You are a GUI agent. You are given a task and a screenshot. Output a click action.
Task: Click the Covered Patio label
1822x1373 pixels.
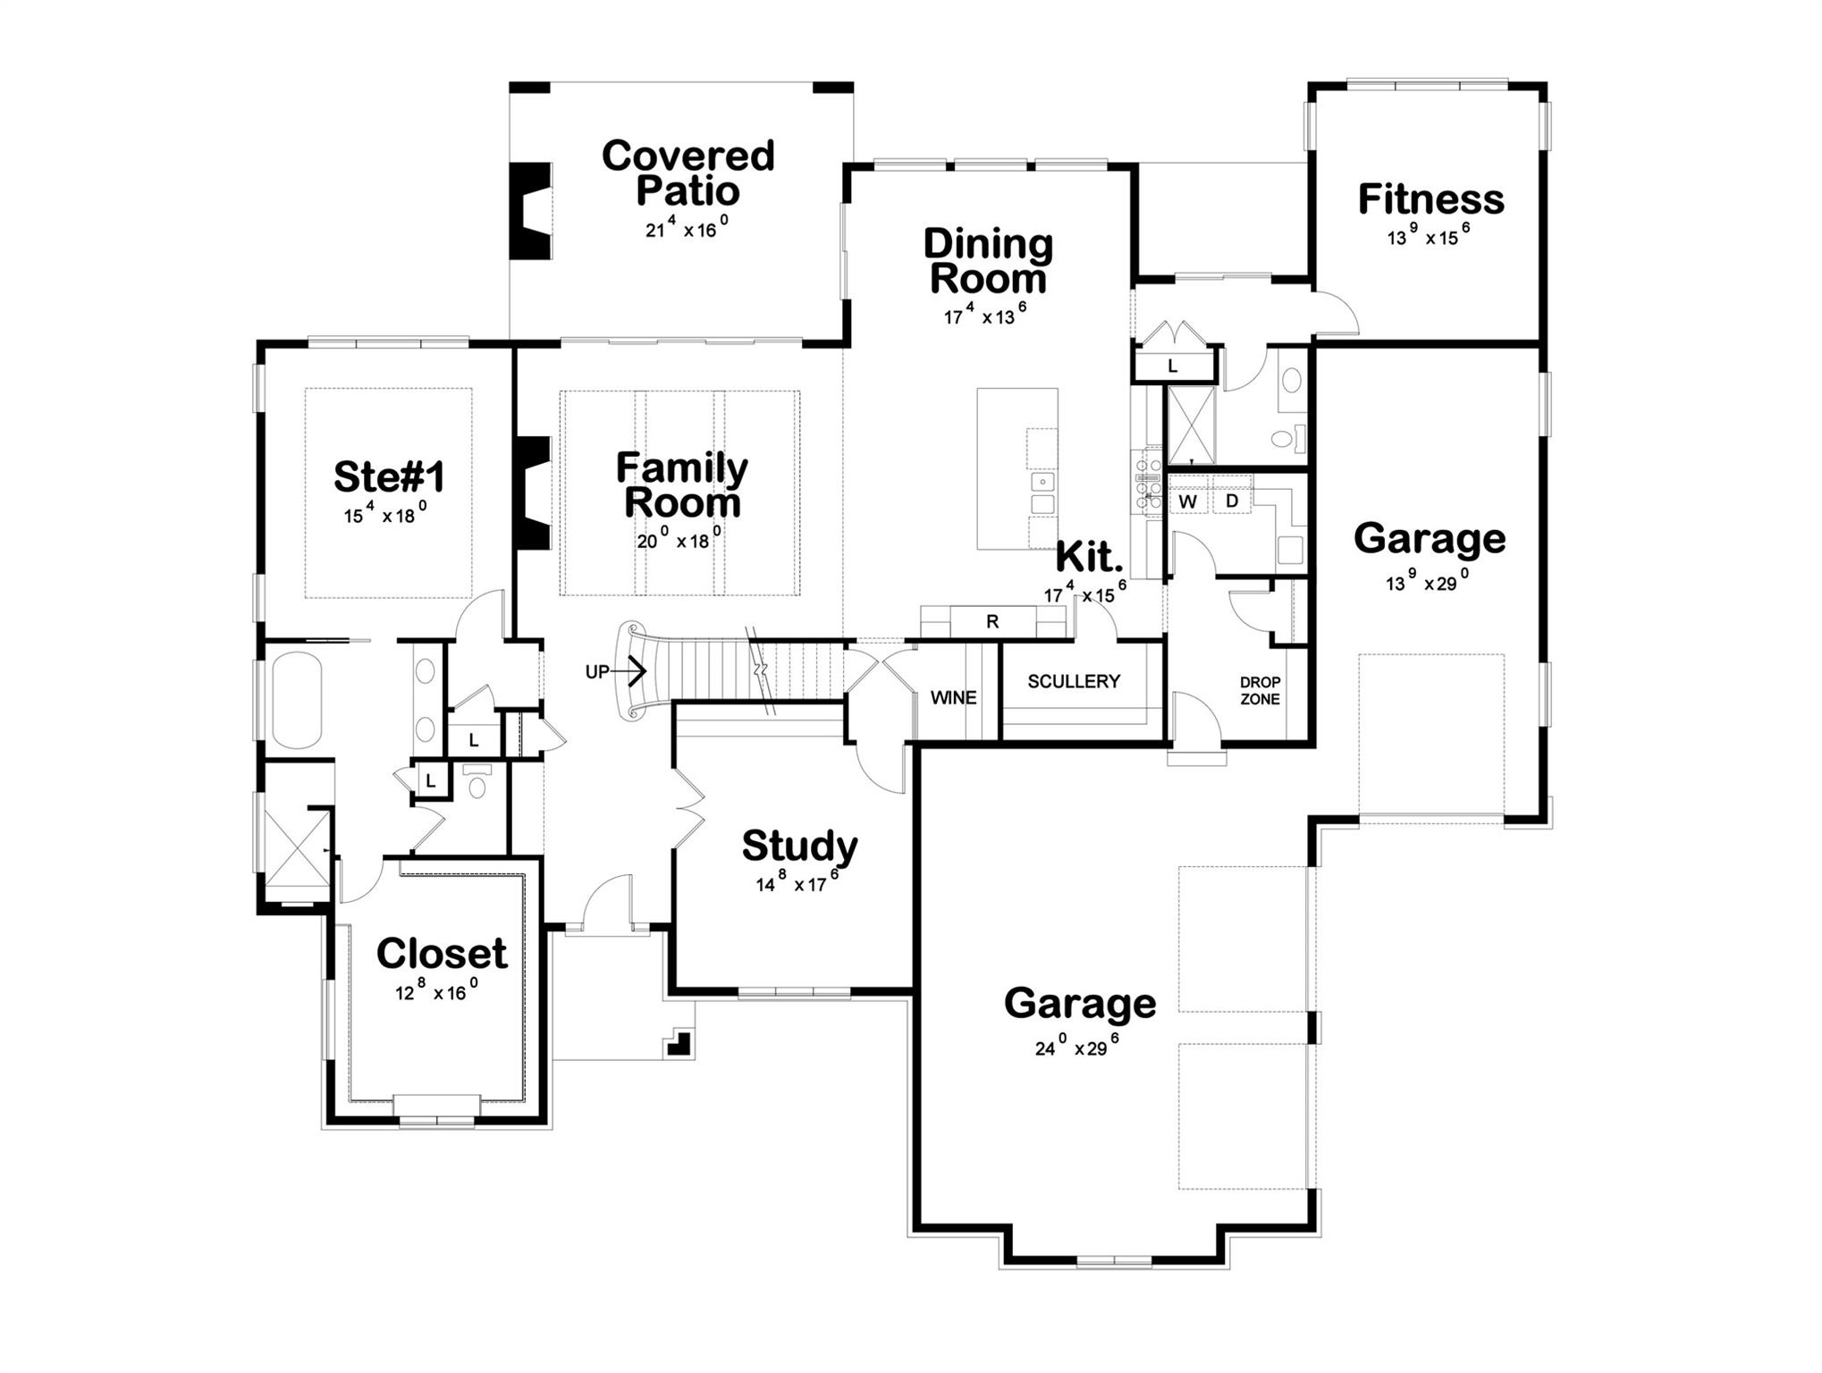click(687, 173)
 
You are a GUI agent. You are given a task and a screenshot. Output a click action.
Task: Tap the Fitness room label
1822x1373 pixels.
click(1430, 199)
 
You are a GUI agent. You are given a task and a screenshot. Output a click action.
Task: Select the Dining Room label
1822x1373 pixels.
click(988, 260)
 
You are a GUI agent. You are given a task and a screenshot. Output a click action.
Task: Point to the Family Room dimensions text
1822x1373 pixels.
click(679, 539)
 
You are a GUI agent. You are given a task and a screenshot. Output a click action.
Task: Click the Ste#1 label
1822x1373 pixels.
click(389, 476)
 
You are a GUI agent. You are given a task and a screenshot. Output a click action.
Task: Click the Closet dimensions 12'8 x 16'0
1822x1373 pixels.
click(437, 990)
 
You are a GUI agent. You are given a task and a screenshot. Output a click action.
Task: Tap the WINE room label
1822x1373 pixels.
click(953, 698)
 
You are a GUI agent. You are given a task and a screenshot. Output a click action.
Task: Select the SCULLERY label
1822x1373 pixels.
click(1073, 681)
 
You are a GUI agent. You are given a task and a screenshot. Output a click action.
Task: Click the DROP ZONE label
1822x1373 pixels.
click(1260, 691)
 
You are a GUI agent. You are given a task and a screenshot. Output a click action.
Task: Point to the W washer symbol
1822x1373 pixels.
click(1187, 501)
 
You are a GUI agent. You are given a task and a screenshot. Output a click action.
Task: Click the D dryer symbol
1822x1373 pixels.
click(1231, 501)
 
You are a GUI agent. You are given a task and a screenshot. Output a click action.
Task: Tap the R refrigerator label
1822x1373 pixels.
click(992, 622)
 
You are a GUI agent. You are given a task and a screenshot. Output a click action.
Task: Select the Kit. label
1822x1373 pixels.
click(1089, 558)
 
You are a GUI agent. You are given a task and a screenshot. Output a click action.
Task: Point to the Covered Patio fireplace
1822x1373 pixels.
click(529, 212)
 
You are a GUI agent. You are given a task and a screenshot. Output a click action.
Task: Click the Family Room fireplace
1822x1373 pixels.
click(532, 493)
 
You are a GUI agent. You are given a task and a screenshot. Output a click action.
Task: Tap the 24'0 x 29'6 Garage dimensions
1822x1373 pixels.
click(1076, 1046)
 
